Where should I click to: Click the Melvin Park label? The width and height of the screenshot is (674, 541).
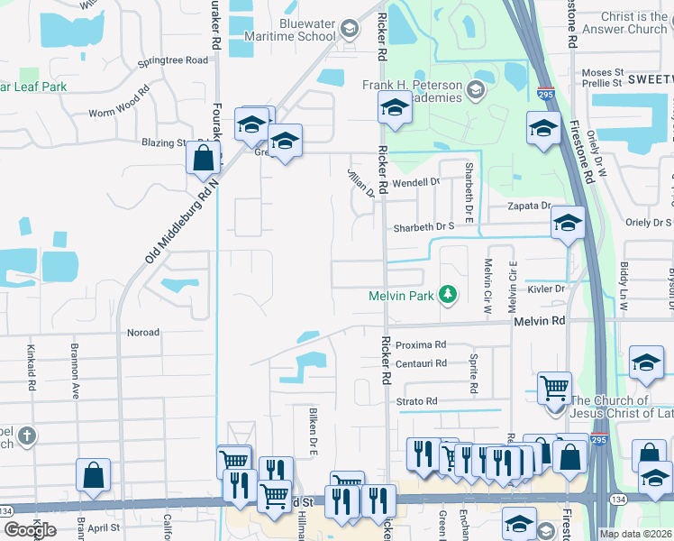pyautogui.click(x=401, y=296)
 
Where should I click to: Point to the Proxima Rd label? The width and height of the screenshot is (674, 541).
pyautogui.click(x=421, y=344)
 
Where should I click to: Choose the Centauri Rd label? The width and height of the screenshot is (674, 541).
pyautogui.click(x=422, y=363)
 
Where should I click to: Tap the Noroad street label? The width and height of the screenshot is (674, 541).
pyautogui.click(x=143, y=333)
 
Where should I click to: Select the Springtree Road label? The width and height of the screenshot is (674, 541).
pyautogui.click(x=173, y=61)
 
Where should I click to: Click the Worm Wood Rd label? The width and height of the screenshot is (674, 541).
pyautogui.click(x=119, y=105)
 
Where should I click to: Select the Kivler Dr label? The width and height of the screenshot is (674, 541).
pyautogui.click(x=546, y=289)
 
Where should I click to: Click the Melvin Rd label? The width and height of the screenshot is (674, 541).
pyautogui.click(x=540, y=321)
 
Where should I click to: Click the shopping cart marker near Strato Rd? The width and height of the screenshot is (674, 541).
pyautogui.click(x=554, y=389)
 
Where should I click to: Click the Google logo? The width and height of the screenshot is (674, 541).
pyautogui.click(x=30, y=530)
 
